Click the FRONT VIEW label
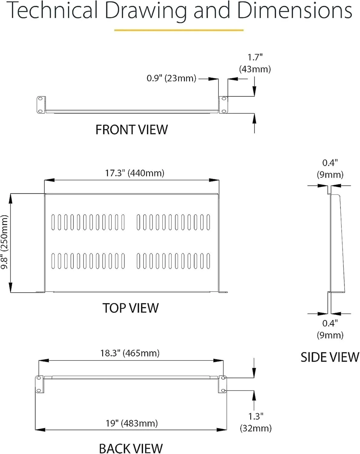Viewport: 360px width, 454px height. (x=131, y=130)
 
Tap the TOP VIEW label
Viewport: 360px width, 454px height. (x=130, y=308)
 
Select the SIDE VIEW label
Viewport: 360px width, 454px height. (x=330, y=357)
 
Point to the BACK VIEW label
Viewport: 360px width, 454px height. (x=131, y=448)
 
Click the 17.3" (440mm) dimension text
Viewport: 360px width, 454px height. (x=134, y=173)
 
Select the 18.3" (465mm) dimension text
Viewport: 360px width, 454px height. (x=130, y=353)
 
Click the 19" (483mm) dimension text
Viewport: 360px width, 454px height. (x=132, y=423)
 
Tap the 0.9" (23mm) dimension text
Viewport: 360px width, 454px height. (x=171, y=78)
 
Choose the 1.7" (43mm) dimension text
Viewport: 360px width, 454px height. (x=255, y=63)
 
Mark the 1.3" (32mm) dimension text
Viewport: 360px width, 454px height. (x=256, y=422)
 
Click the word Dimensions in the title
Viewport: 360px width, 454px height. (x=294, y=10)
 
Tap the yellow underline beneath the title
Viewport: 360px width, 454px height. (x=179, y=30)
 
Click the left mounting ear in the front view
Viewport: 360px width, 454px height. (x=41, y=105)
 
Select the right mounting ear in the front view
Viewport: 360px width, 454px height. (x=223, y=105)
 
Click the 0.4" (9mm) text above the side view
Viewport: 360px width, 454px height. (x=330, y=169)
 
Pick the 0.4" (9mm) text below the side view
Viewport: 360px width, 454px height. (x=330, y=329)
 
